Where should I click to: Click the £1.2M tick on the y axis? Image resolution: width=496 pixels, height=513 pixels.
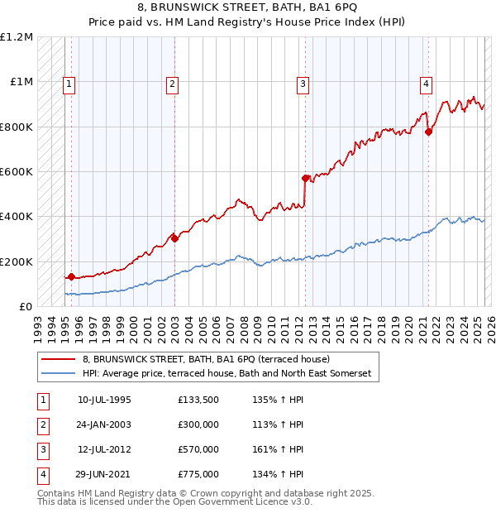[17, 37]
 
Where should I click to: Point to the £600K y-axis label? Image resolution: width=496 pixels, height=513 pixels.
[17, 172]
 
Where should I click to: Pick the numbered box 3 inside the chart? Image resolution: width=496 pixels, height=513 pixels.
[303, 83]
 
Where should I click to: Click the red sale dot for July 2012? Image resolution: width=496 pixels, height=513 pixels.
[305, 178]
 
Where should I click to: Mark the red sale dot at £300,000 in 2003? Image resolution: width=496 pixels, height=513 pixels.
[175, 238]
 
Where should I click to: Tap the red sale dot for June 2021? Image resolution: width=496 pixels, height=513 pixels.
[428, 132]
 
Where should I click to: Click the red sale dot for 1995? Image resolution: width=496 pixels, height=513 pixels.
[71, 276]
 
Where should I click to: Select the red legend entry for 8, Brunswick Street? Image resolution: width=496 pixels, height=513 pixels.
[206, 359]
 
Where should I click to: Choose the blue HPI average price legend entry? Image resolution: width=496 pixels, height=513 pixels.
[227, 374]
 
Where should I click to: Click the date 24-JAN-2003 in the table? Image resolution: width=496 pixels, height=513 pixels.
[103, 425]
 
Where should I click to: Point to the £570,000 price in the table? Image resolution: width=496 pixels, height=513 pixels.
[198, 449]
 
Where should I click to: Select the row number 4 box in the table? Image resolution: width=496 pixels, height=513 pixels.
[41, 474]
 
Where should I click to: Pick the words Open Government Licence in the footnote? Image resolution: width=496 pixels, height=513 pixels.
[253, 501]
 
